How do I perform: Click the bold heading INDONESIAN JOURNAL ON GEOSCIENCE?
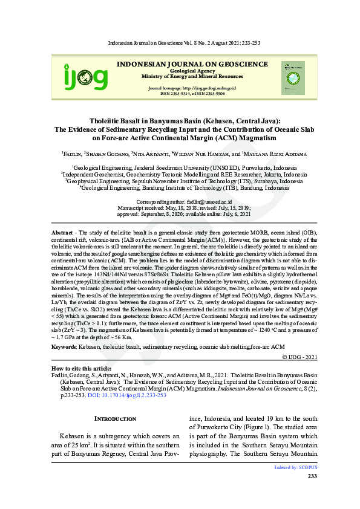click(x=192, y=63)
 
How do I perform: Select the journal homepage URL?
click(x=192, y=88)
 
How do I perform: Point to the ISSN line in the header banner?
click(x=192, y=94)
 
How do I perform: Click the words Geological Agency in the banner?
click(x=192, y=71)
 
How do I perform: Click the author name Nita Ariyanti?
click(x=150, y=154)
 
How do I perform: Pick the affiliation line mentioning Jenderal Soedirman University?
click(x=180, y=167)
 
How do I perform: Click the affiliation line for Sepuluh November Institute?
click(x=180, y=181)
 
